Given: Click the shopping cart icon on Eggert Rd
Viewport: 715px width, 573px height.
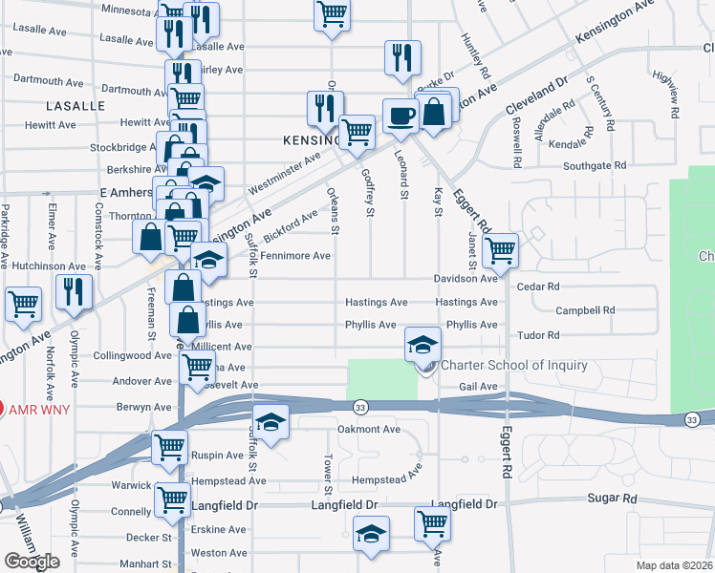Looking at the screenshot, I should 500,251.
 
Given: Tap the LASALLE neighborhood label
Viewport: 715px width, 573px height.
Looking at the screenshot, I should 74,106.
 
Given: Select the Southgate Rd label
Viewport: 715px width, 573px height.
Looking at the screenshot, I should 595,165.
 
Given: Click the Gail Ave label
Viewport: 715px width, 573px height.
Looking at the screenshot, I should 478,386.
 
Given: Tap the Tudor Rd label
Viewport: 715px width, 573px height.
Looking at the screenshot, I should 537,335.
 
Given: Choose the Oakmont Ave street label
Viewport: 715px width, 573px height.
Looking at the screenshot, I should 368,429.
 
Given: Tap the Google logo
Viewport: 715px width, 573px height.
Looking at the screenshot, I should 32,561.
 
